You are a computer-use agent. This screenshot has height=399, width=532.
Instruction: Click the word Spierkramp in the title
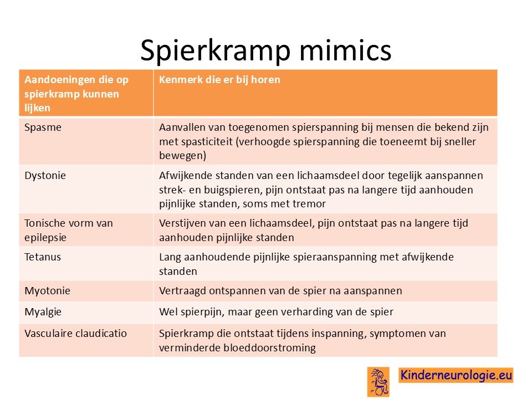point(216,51)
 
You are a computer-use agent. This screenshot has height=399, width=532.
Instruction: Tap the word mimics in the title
point(345,50)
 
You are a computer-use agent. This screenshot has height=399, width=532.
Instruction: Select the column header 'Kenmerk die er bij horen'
point(219,80)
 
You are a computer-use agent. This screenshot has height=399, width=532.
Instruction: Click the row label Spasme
point(43,127)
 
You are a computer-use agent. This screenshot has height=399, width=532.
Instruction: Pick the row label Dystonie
point(45,176)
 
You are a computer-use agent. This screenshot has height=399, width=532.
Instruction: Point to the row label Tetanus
point(43,257)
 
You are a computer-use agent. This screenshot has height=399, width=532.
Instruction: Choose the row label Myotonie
point(47,291)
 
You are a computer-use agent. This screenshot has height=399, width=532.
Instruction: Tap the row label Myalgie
point(43,312)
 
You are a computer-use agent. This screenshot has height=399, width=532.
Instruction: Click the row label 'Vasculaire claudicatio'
point(76,333)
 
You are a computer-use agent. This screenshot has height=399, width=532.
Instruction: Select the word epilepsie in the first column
point(45,238)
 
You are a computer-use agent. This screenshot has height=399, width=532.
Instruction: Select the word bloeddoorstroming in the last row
point(269,348)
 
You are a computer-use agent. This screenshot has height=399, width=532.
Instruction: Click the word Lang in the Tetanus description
point(170,257)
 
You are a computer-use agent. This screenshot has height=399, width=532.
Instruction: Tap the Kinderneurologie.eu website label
point(456,375)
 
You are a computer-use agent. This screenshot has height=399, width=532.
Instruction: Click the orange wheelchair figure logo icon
point(378,382)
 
